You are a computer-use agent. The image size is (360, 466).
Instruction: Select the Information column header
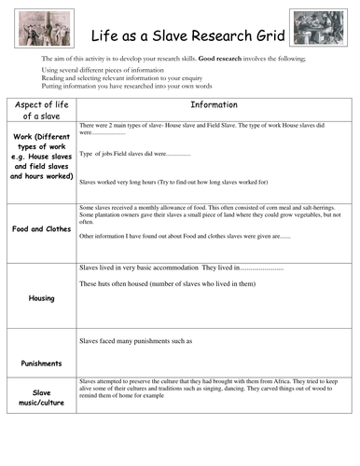pos(214,105)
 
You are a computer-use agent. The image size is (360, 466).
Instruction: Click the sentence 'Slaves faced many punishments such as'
pos(136,341)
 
